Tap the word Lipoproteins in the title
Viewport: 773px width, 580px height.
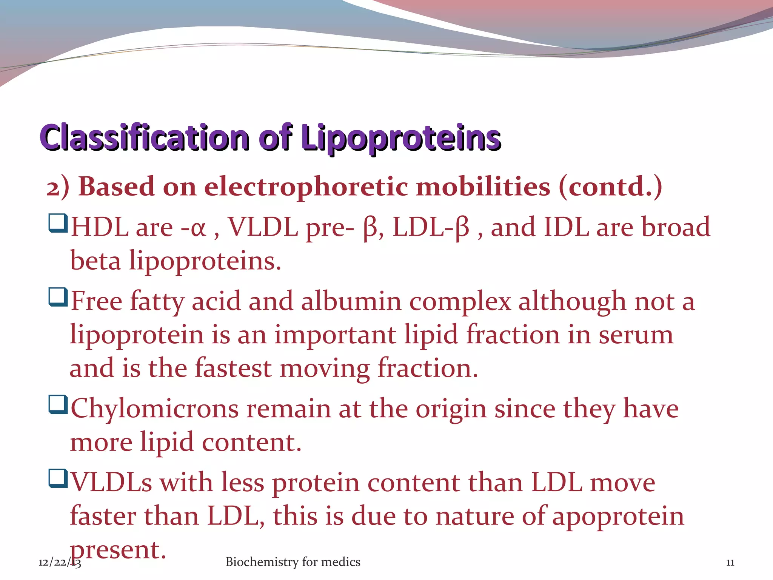pos(401,137)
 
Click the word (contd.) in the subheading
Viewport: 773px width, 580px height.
pos(610,187)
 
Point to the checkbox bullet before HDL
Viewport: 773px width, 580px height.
pos(58,223)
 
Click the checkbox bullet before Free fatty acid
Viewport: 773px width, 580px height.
pos(58,297)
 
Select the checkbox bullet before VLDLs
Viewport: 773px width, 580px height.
pos(58,478)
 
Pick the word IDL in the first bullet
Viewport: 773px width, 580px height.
pos(566,227)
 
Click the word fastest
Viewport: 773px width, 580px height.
pos(233,368)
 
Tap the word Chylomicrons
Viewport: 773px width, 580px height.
pos(155,409)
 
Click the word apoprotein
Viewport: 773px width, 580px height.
pos(618,517)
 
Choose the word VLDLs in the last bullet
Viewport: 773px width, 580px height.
pos(111,483)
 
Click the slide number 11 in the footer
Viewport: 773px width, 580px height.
pos(730,563)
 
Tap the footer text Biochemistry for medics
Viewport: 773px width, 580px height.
pos(293,562)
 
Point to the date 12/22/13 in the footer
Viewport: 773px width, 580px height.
pos(59,563)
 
